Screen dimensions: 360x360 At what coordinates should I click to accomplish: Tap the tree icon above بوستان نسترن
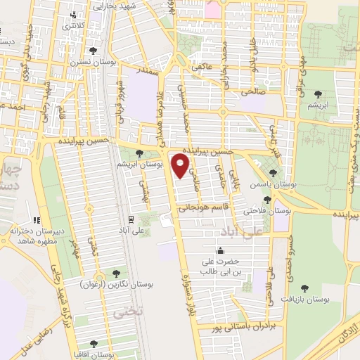tap(94, 49)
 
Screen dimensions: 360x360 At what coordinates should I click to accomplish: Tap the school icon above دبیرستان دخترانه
tap(35, 220)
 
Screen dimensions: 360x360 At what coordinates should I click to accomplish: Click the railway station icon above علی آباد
tap(131, 218)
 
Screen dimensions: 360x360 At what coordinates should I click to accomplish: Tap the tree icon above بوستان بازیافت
tap(304, 287)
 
